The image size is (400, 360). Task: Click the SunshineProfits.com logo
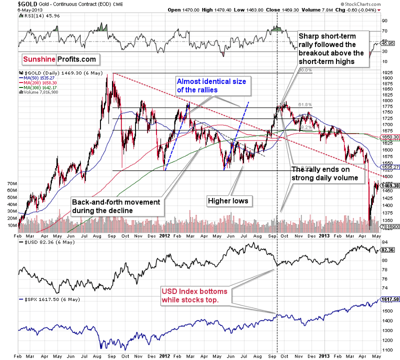[x=59, y=59]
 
